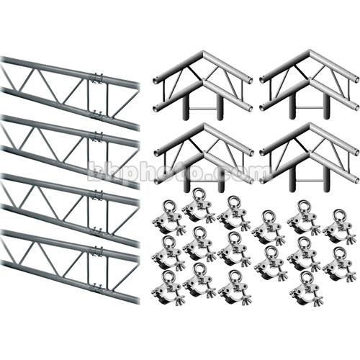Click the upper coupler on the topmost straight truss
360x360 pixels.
click(x=97, y=76)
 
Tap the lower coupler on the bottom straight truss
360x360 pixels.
click(x=96, y=289)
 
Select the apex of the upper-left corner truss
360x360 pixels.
click(x=203, y=53)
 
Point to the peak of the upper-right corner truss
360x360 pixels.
click(x=310, y=53)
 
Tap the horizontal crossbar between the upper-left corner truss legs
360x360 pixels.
click(x=203, y=109)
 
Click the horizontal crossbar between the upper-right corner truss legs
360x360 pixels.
click(x=310, y=109)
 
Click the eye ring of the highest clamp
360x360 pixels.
click(x=199, y=194)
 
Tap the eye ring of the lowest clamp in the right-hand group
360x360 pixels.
click(x=305, y=277)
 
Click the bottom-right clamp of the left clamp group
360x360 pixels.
click(x=234, y=289)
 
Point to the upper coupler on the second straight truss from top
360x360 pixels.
click(x=97, y=136)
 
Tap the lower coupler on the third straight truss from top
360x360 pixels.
click(x=96, y=230)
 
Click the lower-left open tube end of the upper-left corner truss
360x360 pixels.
click(x=156, y=107)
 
